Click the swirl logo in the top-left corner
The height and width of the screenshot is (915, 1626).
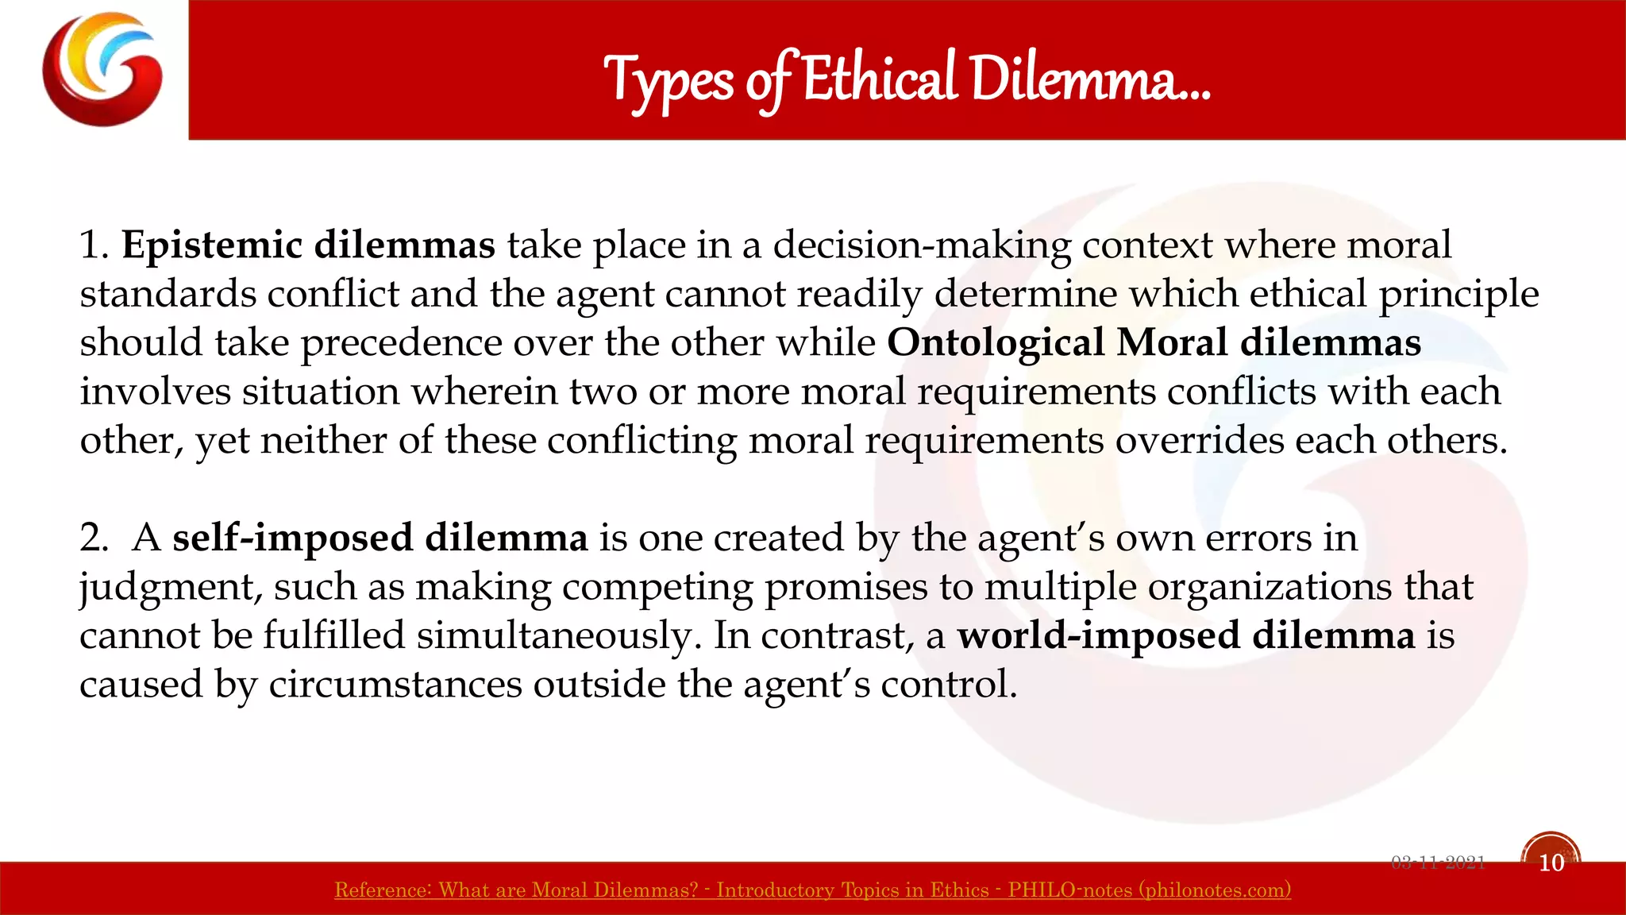pyautogui.click(x=102, y=69)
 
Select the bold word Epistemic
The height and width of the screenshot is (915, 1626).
pyautogui.click(x=212, y=245)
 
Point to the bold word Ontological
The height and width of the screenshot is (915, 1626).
pyautogui.click(x=996, y=342)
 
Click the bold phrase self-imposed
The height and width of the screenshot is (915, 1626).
pyautogui.click(x=292, y=538)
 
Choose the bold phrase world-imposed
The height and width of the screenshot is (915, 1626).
pyautogui.click(x=1098, y=635)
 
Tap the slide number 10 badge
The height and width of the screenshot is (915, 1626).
pyautogui.click(x=1551, y=862)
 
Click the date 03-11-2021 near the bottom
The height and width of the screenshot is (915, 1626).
pyautogui.click(x=1438, y=863)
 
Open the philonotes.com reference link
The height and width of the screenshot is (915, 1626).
pyautogui.click(x=812, y=890)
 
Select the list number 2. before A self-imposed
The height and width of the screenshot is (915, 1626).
pyautogui.click(x=94, y=538)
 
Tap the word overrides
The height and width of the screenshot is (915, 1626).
pyautogui.click(x=1199, y=440)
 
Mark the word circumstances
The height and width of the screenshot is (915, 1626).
pyautogui.click(x=395, y=684)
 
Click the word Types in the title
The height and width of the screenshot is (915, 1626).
pyautogui.click(x=669, y=81)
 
